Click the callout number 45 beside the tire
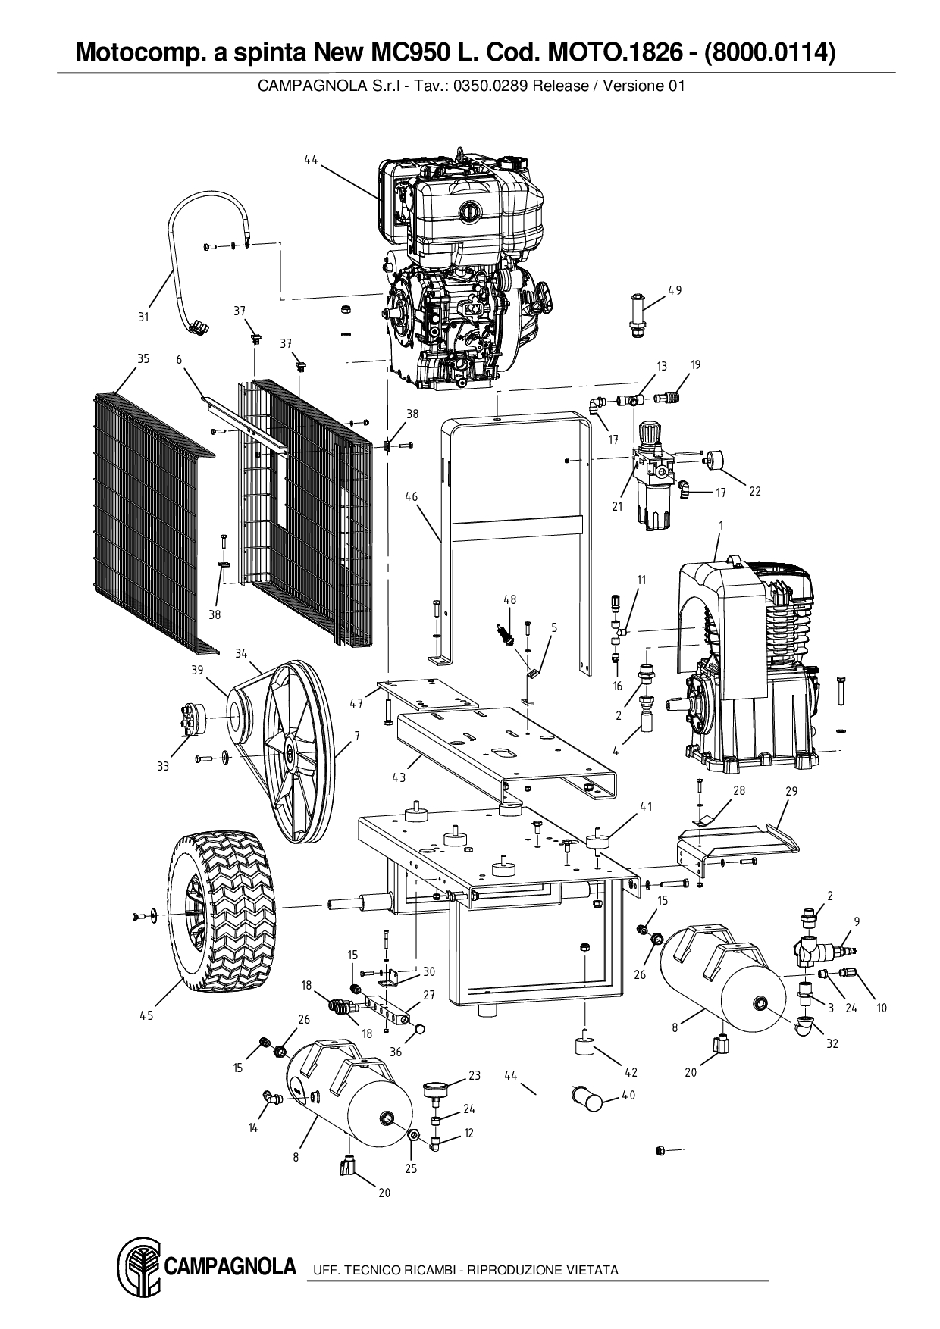click(x=146, y=1015)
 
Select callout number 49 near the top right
click(x=675, y=290)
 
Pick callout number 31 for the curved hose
click(x=143, y=317)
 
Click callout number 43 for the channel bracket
click(x=399, y=777)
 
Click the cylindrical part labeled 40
click(x=587, y=1097)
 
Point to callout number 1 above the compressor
click(x=720, y=525)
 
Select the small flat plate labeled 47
click(x=421, y=691)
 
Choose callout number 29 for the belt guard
click(x=791, y=791)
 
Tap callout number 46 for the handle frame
click(x=411, y=497)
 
